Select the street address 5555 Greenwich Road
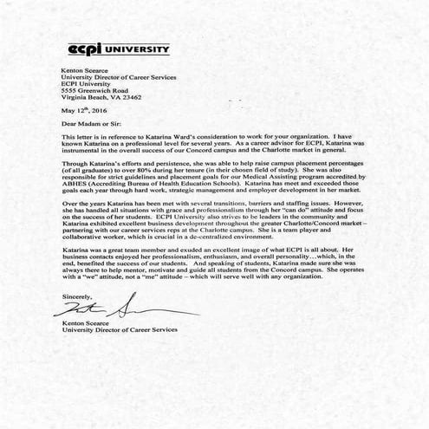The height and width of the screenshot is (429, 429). click(94, 90)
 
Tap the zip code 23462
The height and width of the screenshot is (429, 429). click(130, 98)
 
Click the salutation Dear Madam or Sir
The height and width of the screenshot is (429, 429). click(90, 126)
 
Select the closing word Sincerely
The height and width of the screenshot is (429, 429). click(77, 296)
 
